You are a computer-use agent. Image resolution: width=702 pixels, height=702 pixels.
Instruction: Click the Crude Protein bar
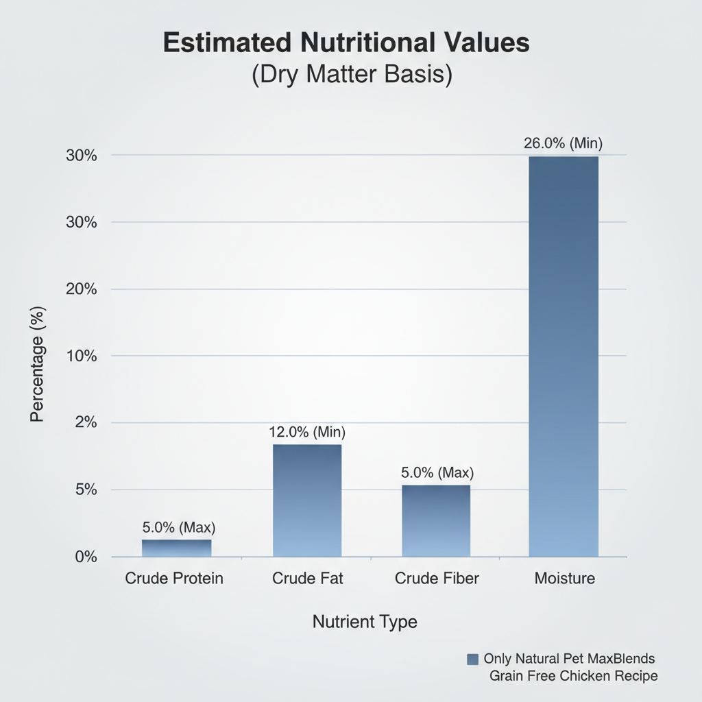point(177,548)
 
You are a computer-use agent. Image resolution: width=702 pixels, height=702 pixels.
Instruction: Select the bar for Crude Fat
point(307,500)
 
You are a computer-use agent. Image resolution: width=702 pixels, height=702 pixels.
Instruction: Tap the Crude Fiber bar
point(436,521)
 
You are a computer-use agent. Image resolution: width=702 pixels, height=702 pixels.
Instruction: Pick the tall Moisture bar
point(564,356)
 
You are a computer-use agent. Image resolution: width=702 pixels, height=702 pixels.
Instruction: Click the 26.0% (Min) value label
point(563,144)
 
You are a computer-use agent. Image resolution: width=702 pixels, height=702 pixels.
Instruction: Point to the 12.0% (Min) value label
point(306,433)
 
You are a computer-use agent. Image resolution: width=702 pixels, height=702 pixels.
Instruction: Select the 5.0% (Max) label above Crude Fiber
point(436,473)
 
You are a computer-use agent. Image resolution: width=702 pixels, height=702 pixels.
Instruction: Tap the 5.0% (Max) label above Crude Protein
point(178,528)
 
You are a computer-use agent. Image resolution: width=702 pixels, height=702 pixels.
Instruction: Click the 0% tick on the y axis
point(86,557)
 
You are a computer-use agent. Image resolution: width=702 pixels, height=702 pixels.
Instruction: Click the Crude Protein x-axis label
point(174,579)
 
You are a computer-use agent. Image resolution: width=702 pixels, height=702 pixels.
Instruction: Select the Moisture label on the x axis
point(564,579)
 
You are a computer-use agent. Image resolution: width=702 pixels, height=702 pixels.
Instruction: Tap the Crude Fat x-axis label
point(307,579)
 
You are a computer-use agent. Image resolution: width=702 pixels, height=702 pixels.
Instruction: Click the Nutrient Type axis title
point(365,622)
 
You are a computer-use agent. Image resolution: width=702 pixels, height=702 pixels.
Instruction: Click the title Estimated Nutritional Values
point(346,43)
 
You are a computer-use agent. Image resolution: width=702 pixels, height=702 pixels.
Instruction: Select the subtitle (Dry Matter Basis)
point(352,74)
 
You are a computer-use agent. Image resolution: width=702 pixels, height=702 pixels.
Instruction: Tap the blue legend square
point(472,659)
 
